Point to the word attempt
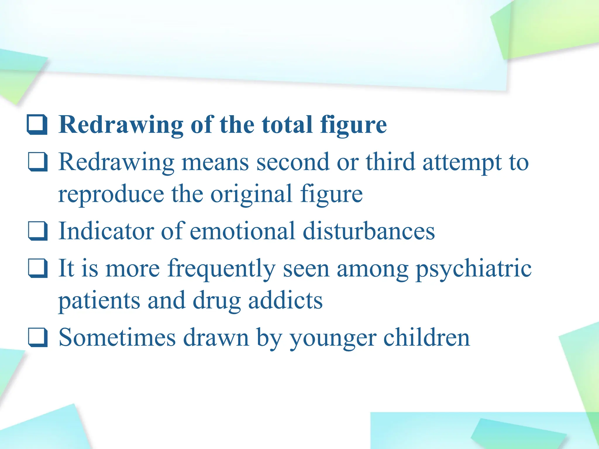click(x=462, y=163)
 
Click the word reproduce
click(x=111, y=194)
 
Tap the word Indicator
click(x=106, y=231)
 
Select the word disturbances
click(x=369, y=231)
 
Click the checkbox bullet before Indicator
click(x=38, y=231)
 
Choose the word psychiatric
click(x=474, y=268)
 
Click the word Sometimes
click(x=117, y=337)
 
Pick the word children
click(x=426, y=337)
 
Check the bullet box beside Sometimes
click(x=38, y=337)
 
